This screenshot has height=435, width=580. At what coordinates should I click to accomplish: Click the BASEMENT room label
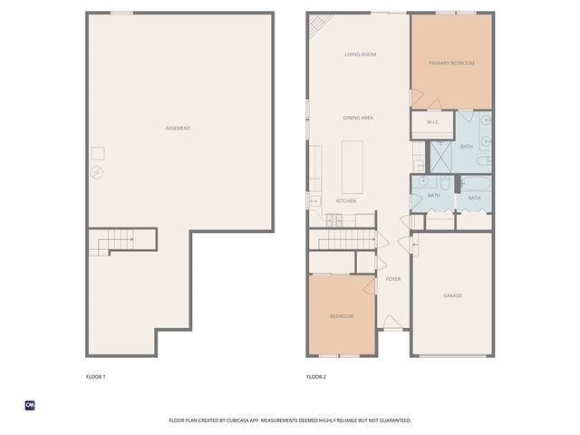178,129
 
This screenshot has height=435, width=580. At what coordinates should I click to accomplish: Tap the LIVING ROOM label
360,54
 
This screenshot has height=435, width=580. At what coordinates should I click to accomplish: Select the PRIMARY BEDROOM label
451,63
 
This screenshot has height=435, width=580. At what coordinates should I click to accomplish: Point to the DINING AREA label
358,118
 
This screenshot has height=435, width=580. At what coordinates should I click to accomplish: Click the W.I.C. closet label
432,122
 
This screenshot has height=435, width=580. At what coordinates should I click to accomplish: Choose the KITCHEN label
346,200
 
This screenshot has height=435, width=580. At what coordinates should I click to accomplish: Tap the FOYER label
393,279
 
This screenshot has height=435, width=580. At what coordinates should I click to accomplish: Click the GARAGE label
452,296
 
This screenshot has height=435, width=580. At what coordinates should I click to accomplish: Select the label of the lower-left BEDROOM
341,315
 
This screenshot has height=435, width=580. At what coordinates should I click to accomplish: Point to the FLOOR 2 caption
316,376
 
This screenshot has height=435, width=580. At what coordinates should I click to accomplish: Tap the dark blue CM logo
30,405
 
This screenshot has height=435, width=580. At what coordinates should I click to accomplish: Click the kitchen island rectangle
352,167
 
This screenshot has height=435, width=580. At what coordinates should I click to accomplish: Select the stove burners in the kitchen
333,219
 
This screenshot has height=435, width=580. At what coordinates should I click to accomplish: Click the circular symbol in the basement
97,172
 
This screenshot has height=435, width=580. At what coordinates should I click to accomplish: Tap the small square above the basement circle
97,153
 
